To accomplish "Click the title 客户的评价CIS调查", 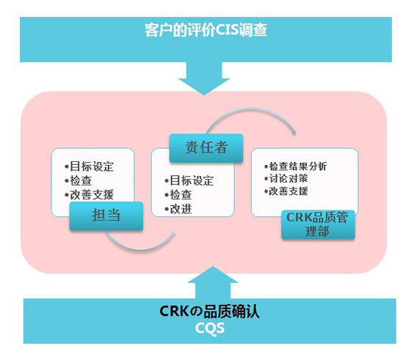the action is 206,30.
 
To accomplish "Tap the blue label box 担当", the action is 106,216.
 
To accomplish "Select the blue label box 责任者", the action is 206,147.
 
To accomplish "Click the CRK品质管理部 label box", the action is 318,224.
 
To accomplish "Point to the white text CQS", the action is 210,328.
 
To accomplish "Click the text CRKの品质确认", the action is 209,312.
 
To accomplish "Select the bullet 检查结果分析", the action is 296,166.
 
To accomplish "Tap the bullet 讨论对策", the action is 286,179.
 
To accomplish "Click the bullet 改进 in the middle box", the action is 178,209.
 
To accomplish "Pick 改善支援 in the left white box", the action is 89,195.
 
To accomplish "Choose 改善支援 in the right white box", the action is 286,191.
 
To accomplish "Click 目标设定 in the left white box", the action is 89,166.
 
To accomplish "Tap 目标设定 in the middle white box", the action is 189,180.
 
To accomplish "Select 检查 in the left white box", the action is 78,180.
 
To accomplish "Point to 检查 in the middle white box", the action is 178,195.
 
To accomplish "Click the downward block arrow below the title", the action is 204,78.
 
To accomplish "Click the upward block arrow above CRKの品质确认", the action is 213,283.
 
